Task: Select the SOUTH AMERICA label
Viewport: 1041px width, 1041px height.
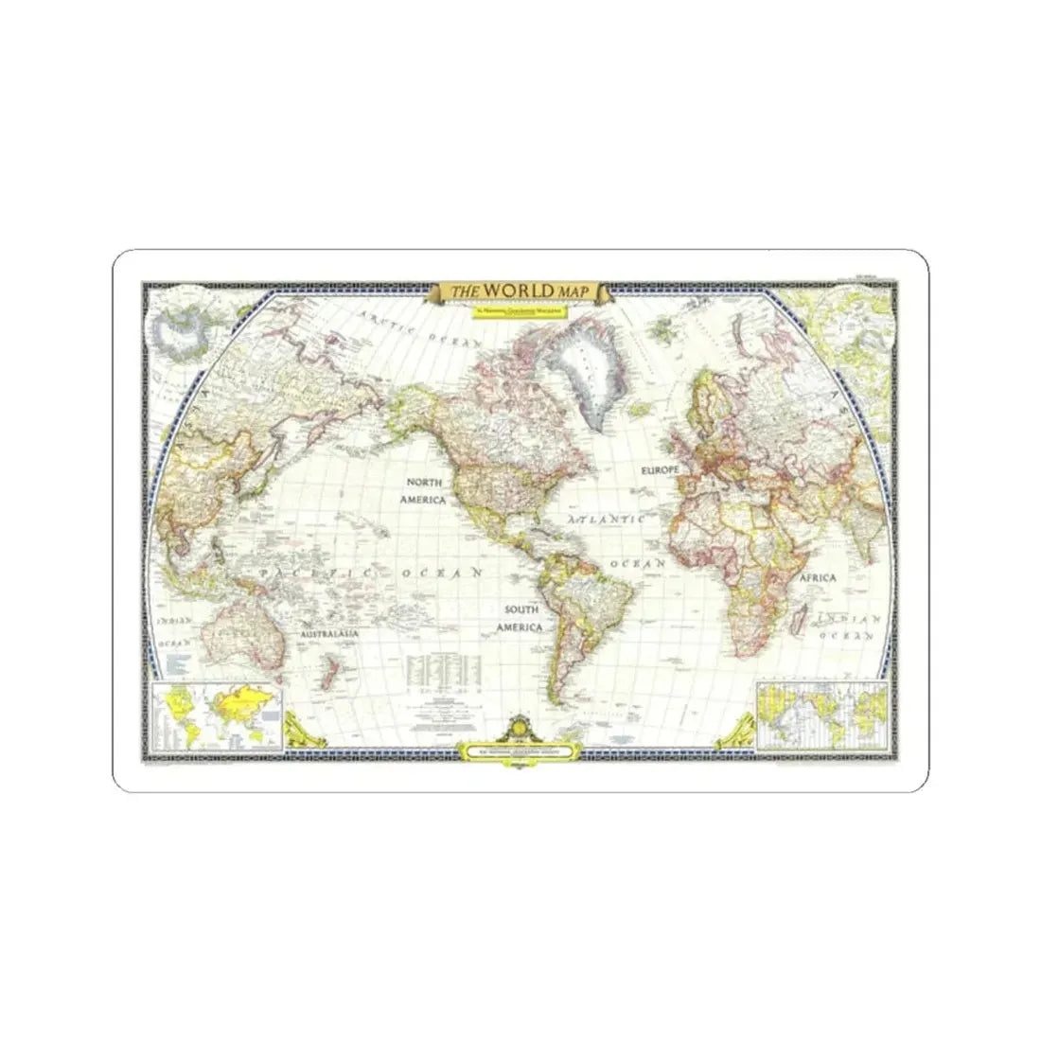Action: pyautogui.click(x=521, y=618)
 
